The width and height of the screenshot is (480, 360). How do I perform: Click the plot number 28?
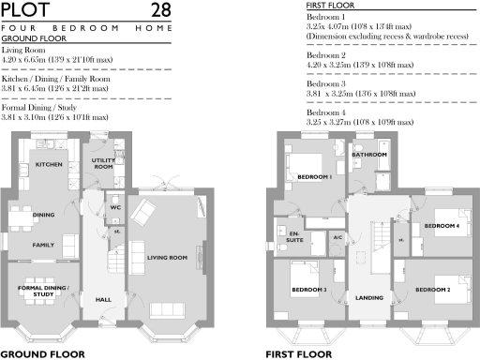click(x=161, y=10)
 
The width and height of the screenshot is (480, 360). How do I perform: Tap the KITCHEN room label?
click(x=48, y=164)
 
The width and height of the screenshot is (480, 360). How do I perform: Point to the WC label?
click(x=115, y=207)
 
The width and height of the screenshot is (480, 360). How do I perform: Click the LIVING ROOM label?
click(x=168, y=257)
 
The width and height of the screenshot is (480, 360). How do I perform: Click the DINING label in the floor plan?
click(x=43, y=215)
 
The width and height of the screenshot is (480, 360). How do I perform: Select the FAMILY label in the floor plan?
click(x=43, y=245)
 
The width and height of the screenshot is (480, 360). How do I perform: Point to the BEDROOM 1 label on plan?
click(x=314, y=177)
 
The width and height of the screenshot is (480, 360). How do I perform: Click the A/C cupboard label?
click(x=337, y=237)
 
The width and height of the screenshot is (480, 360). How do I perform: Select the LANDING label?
click(x=367, y=299)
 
